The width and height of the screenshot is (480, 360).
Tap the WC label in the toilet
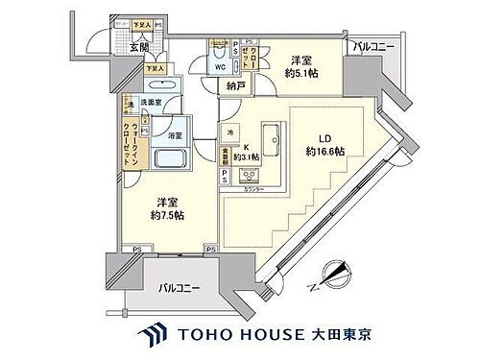[220, 68]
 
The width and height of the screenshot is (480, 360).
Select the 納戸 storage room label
[235, 86]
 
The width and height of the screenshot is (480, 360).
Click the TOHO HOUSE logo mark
[156, 335]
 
